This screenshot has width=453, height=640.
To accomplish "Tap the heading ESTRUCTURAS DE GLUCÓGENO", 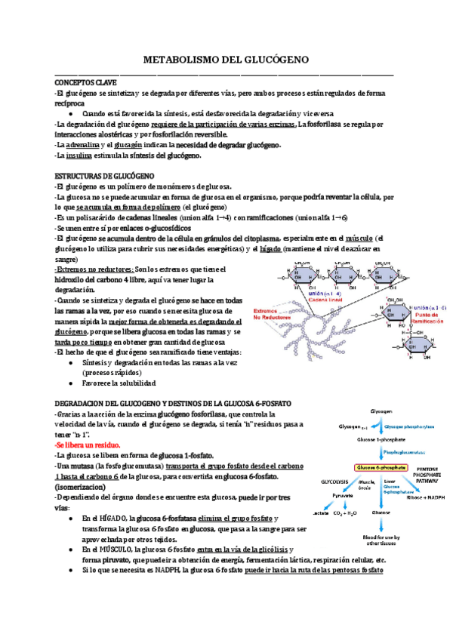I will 100,175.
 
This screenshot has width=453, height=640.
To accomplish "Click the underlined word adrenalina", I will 82,144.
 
